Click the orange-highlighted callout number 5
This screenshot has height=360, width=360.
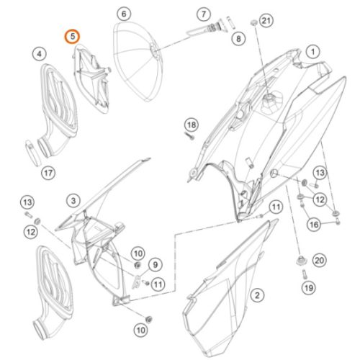72,37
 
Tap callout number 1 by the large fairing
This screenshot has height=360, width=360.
312,52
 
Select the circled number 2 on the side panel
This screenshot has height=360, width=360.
257,295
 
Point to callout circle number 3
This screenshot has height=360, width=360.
73,201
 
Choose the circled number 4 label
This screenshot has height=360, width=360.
39,54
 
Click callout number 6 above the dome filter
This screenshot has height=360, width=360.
124,14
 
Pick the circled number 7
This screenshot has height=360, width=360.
204,14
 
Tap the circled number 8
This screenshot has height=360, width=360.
238,38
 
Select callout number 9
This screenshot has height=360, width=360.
156,265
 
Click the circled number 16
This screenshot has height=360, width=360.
314,225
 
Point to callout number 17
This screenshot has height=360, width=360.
48,173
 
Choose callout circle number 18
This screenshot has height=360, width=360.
192,125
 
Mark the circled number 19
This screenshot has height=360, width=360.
309,287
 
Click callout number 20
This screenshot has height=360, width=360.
319,260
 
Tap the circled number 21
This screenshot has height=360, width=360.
266,21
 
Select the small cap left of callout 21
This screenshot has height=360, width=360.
253,23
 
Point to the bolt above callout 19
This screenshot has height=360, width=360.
305,274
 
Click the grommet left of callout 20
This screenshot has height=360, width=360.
301,261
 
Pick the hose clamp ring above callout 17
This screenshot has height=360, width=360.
32,152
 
